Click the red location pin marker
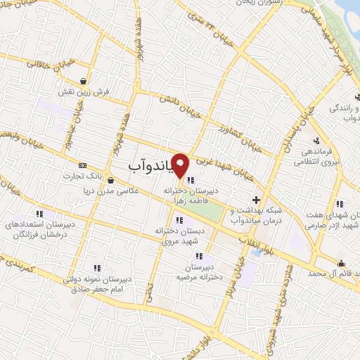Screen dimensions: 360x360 point(181,166)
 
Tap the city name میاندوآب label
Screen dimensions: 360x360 point(151,165)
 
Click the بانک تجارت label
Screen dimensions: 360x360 point(99,176)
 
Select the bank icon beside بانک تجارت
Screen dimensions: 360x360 point(83,165)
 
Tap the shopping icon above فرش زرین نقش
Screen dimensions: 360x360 point(84,81)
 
